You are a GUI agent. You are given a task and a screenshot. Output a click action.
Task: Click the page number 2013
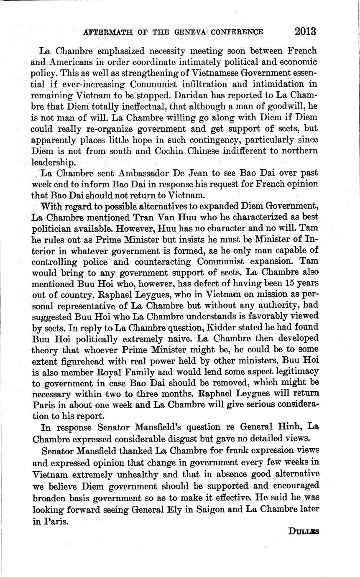[305, 32]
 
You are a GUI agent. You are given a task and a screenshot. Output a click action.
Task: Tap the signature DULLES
[304, 531]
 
